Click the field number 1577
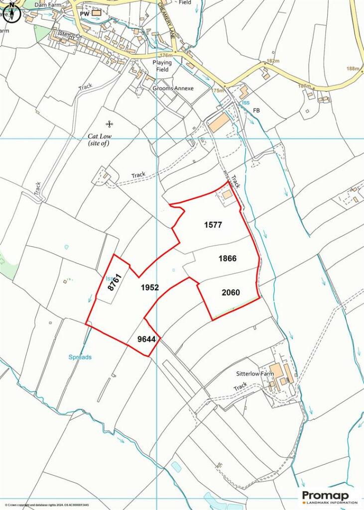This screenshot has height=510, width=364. coord(213,225)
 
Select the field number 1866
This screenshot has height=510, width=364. coord(227,258)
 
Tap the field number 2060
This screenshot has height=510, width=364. coord(231,293)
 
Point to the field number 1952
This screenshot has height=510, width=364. coord(149,287)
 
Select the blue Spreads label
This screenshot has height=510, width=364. coord(80,357)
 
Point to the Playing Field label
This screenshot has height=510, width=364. coord(162,66)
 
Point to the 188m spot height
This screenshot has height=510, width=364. coord(354,69)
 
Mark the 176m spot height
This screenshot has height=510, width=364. coord(166,55)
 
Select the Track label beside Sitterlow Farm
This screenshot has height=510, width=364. coord(241,386)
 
